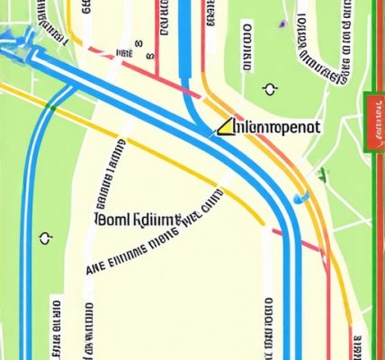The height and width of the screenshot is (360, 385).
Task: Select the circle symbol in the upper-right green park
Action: click(269, 88)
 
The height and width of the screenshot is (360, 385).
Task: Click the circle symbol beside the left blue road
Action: click(44, 238)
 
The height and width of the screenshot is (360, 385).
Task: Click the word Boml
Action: click(112, 219)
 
